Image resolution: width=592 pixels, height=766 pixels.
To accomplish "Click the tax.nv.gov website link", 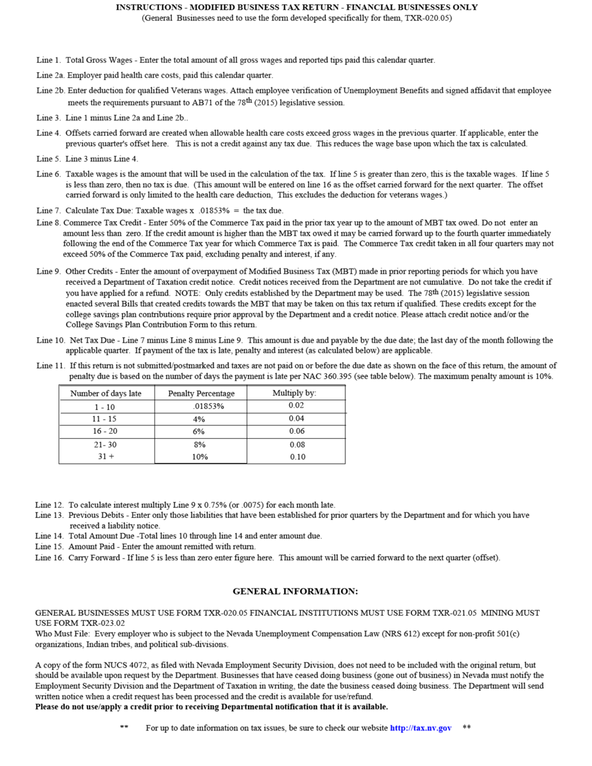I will (421, 728).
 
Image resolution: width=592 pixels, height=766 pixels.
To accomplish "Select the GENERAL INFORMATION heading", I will (295, 591).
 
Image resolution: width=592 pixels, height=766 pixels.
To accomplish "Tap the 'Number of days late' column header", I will (106, 393).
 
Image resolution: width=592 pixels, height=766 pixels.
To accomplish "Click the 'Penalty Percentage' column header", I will (201, 393).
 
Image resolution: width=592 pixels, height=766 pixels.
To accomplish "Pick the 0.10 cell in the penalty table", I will (297, 457).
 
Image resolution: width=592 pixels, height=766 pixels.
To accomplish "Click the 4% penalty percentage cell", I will (199, 419).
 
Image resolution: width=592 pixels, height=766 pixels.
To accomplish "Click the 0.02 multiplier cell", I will (296, 406).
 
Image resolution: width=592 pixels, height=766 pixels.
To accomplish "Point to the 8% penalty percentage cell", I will (199, 444).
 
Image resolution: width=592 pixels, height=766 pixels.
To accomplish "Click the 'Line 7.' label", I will (49, 211).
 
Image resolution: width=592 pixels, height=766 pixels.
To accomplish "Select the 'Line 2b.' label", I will (50, 90).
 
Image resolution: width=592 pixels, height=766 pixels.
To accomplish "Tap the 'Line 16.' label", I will (49, 557).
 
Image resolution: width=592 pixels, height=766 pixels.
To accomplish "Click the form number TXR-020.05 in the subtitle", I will (428, 18).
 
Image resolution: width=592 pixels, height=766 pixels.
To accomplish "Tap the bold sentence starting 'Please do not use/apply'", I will (211, 707).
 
